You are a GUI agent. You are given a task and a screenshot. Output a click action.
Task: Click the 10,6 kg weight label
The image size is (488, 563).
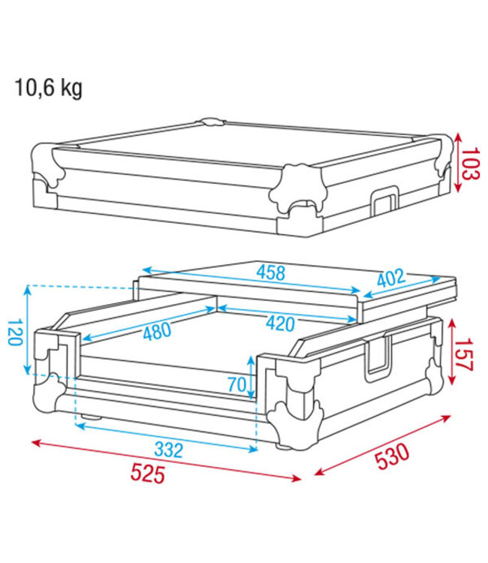[48, 89]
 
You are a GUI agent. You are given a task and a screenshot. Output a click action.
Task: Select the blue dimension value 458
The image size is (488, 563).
[271, 272]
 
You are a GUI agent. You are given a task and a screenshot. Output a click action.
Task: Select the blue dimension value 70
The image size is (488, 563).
[237, 385]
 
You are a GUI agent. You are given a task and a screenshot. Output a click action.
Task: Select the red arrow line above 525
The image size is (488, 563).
[165, 459]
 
